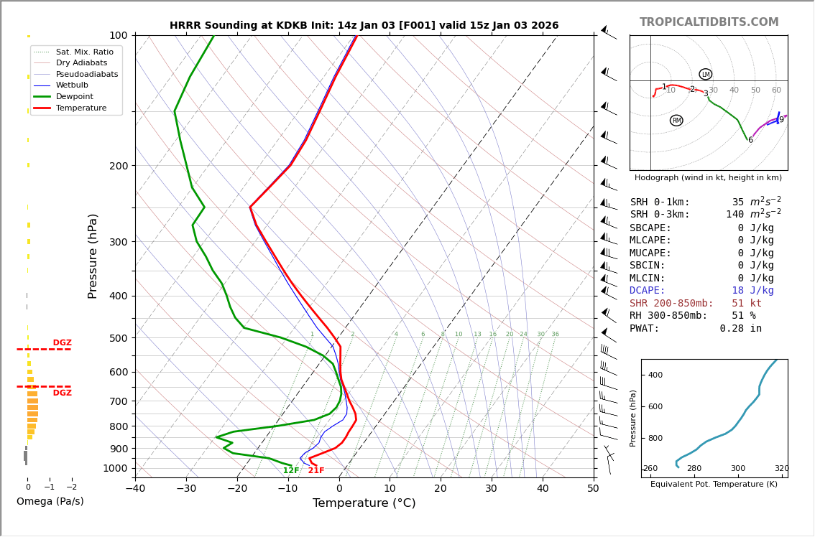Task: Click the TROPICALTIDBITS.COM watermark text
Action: coord(709,22)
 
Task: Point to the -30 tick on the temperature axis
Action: coord(186,489)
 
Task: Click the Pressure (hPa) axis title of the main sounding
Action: coord(93,256)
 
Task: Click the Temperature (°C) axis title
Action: coord(364,503)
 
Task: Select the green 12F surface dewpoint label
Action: coord(291,471)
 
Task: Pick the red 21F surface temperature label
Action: coord(316,471)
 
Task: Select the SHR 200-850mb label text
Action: coord(671,304)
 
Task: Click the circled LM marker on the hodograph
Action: coord(706,74)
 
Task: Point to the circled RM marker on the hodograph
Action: coord(676,121)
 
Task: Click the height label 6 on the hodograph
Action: coord(750,140)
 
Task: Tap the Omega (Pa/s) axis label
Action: coord(50,501)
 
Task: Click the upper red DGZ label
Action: coord(62,343)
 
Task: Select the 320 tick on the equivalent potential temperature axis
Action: coord(781,469)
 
